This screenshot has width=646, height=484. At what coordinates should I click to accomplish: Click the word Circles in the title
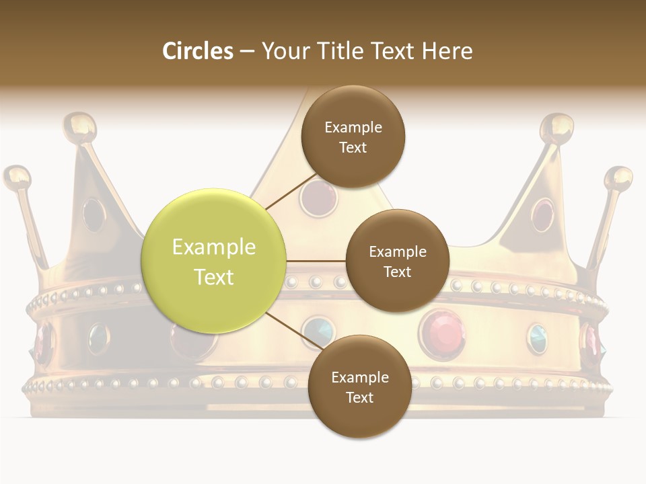pyautogui.click(x=198, y=51)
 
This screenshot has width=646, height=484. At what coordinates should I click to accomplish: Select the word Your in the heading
pyautogui.click(x=284, y=51)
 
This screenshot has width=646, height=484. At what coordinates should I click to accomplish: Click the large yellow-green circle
pyautogui.click(x=213, y=261)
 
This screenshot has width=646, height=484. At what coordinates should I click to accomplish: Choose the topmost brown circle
pyautogui.click(x=353, y=137)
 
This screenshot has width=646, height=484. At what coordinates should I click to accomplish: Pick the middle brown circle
pyautogui.click(x=397, y=261)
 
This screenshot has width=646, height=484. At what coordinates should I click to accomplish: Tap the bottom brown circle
pyautogui.click(x=359, y=387)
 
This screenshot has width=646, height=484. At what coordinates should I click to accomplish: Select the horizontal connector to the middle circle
pyautogui.click(x=316, y=261)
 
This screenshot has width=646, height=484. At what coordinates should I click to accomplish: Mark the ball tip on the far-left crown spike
pyautogui.click(x=17, y=178)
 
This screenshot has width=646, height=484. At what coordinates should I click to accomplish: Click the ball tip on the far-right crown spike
pyautogui.click(x=618, y=179)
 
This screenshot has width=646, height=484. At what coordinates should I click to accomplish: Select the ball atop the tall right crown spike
pyautogui.click(x=558, y=126)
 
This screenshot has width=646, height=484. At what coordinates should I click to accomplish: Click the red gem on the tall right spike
pyautogui.click(x=542, y=214)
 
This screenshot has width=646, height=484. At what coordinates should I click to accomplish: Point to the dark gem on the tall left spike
pyautogui.click(x=94, y=214)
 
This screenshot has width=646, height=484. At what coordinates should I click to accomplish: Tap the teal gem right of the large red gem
pyautogui.click(x=537, y=337)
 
